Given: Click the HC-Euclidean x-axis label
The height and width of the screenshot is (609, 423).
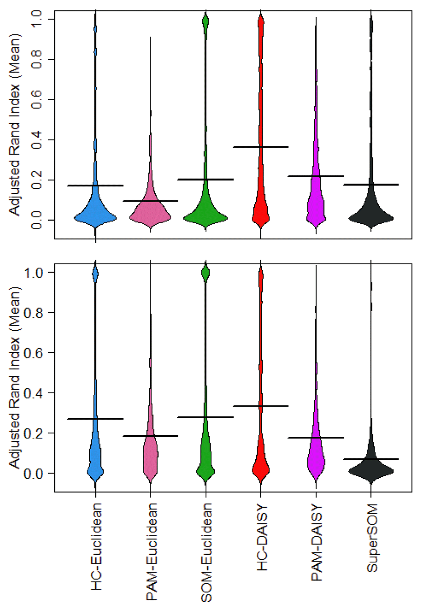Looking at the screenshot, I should pyautogui.click(x=96, y=546).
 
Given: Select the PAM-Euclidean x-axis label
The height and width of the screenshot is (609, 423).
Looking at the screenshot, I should pyautogui.click(x=151, y=551).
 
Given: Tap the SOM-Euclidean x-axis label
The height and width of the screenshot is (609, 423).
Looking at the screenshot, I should pyautogui.click(x=206, y=552).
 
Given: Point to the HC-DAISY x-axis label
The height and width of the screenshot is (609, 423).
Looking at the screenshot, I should pyautogui.click(x=262, y=537).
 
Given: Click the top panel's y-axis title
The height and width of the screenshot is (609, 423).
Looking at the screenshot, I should pyautogui.click(x=15, y=125).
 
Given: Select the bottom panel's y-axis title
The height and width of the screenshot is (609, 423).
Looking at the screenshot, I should pyautogui.click(x=15, y=377).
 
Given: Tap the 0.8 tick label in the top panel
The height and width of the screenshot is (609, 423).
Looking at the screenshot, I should pyautogui.click(x=37, y=60).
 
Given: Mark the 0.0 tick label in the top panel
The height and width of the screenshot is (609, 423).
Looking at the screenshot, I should pyautogui.click(x=37, y=220).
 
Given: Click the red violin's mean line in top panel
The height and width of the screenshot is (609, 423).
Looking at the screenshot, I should pyautogui.click(x=261, y=147).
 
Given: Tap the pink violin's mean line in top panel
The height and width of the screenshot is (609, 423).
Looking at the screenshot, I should pyautogui.click(x=150, y=201).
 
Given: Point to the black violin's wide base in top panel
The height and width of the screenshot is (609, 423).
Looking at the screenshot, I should pyautogui.click(x=371, y=218).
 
